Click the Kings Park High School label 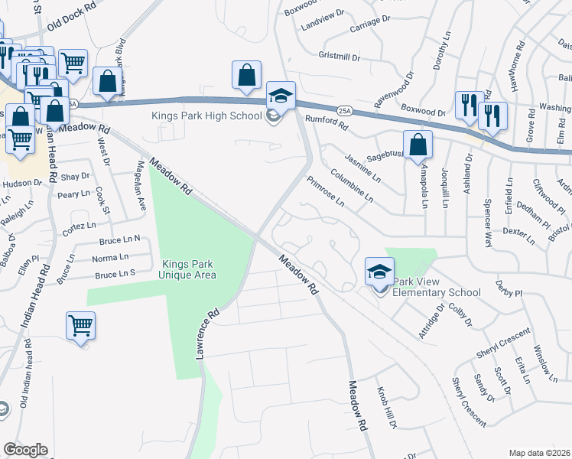tap(207, 116)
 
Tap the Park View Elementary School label tap(437, 292)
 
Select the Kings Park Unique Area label tap(187, 269)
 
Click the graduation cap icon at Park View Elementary tap(379, 272)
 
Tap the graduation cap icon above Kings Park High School tap(281, 96)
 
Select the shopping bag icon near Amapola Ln tap(418, 145)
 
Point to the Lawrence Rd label tap(207, 335)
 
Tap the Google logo tap(25, 450)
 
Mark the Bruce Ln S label tap(115, 274)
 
